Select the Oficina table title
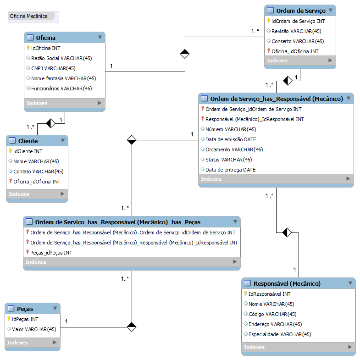(46, 37)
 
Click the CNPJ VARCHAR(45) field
(53, 68)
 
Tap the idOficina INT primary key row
(45, 48)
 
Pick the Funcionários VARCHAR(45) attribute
(61, 88)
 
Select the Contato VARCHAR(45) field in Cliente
(38, 172)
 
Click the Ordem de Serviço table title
(300, 11)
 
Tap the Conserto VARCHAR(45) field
(298, 41)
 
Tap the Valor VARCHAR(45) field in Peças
(34, 329)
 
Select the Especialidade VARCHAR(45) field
(280, 334)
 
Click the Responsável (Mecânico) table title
(287, 283)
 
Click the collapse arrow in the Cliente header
(63, 140)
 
